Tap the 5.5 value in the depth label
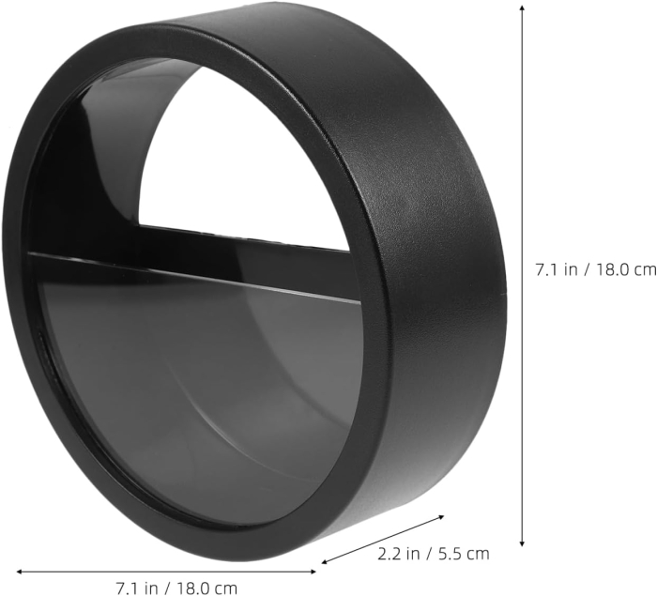(454, 554)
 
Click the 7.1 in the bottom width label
(127, 588)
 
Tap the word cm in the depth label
(479, 554)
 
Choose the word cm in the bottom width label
(225, 588)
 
